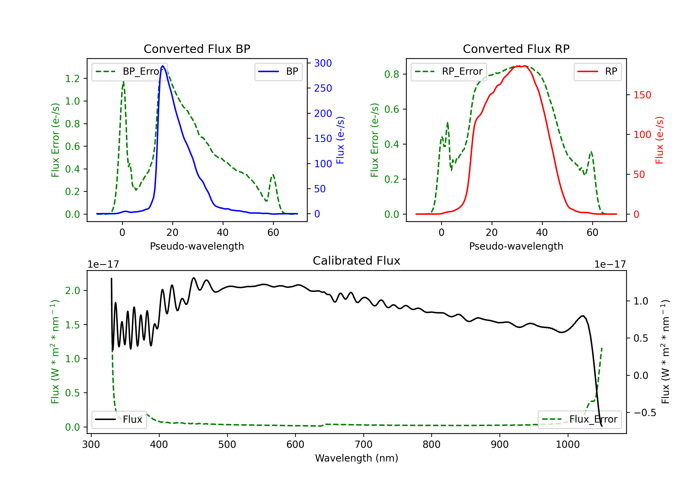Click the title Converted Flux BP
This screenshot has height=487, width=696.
coord(197,49)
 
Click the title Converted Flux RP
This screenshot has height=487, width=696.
coord(516,49)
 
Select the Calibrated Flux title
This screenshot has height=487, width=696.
coord(357,261)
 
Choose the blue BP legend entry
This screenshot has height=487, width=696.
coord(278,71)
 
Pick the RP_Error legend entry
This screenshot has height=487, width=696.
coord(449,71)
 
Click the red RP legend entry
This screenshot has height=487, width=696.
coord(597,71)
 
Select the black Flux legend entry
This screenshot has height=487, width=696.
coord(119,420)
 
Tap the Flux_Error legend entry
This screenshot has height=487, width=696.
coord(580,420)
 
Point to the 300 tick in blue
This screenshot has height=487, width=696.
coord(323,63)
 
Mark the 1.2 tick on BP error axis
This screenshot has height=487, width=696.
coord(72,79)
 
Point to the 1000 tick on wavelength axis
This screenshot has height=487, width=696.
coord(567,445)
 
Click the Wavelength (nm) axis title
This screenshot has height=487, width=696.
coord(357,458)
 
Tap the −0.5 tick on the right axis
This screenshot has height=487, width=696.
coord(644,413)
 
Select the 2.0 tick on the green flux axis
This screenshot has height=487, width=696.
coord(72,291)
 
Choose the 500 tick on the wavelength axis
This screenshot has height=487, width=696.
coord(227,445)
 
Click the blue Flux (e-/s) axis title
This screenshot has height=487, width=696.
coord(340,140)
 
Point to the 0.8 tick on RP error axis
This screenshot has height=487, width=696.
coord(392,74)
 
